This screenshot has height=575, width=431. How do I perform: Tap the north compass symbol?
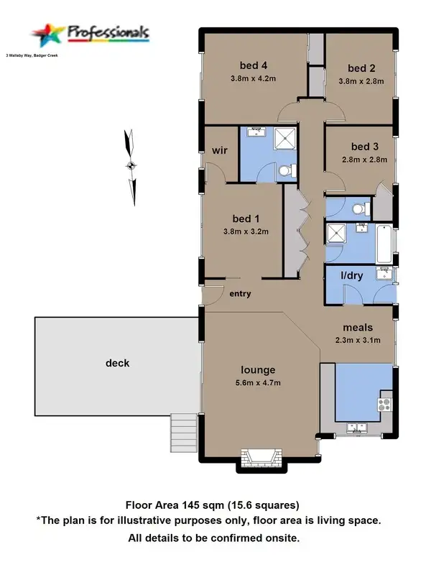(131, 166)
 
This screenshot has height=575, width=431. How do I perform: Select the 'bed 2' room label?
(361, 68)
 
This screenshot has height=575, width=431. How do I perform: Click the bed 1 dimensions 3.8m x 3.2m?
(245, 231)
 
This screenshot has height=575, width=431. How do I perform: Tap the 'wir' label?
(219, 151)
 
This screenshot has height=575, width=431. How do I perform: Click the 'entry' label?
(240, 294)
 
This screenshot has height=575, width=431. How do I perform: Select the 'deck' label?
(117, 363)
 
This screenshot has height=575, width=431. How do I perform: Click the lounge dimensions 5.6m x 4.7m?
(258, 383)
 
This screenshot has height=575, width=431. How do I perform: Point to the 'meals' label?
(357, 327)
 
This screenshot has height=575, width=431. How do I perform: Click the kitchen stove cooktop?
(386, 404)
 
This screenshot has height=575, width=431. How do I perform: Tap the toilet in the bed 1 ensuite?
(286, 171)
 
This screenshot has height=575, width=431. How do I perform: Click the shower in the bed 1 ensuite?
(285, 137)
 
